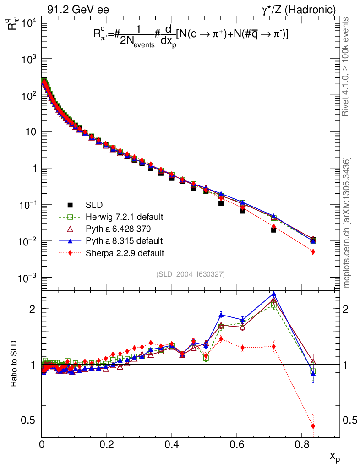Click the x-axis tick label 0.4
pyautogui.click(x=172, y=444)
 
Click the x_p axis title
pyautogui.click(x=335, y=457)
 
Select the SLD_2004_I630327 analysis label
pyautogui.click(x=190, y=274)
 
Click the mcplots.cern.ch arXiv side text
pyautogui.click(x=347, y=223)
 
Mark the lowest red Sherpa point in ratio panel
pyautogui.click(x=313, y=426)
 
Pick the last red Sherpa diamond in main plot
pyautogui.click(x=313, y=251)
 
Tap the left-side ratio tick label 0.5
pyautogui.click(x=31, y=420)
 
